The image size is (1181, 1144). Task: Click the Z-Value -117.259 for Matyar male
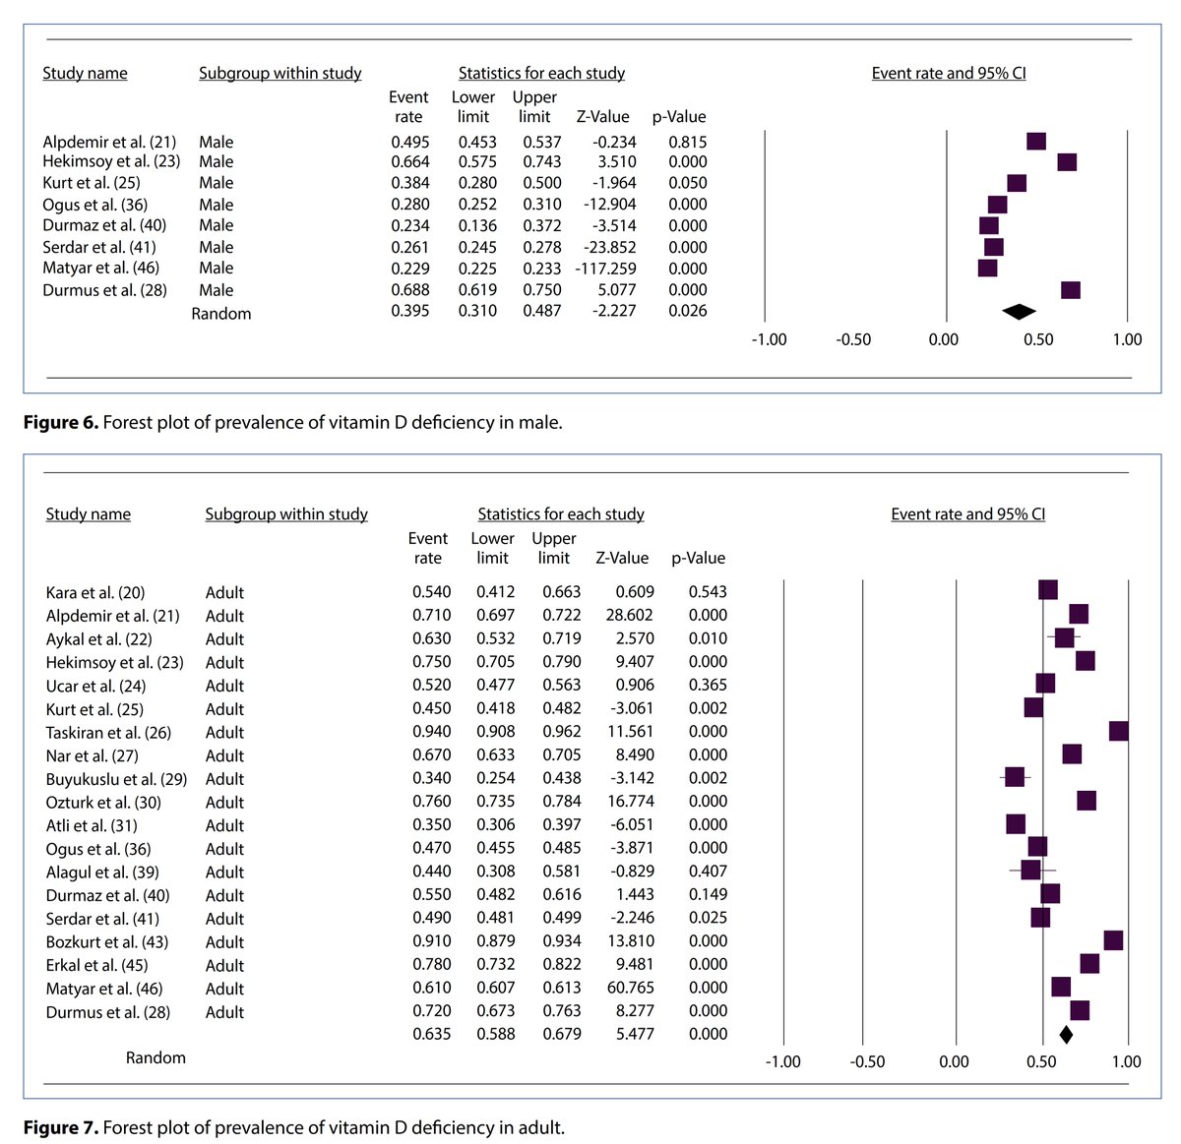(605, 269)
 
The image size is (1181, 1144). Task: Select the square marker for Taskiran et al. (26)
(1119, 731)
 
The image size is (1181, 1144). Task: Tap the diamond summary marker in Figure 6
(1019, 312)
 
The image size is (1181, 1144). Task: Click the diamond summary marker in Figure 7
(1066, 1035)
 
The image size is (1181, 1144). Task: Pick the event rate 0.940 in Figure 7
(431, 732)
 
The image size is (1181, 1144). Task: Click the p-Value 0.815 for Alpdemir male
(687, 143)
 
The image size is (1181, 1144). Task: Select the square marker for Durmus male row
(1071, 290)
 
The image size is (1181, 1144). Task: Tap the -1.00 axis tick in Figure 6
(769, 339)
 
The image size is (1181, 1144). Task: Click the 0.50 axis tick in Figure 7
(1041, 1062)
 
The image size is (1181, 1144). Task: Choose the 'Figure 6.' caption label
(61, 423)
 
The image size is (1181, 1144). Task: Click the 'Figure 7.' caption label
(61, 1127)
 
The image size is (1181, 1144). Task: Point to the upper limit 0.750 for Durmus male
(541, 290)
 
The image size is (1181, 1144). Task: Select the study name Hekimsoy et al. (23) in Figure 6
(111, 162)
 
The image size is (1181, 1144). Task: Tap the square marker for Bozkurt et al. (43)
(1113, 940)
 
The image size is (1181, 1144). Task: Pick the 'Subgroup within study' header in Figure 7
(286, 514)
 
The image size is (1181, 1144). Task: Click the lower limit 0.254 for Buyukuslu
(495, 778)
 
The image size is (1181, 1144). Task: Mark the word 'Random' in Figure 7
(155, 1058)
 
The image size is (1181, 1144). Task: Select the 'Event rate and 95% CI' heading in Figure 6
(949, 74)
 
